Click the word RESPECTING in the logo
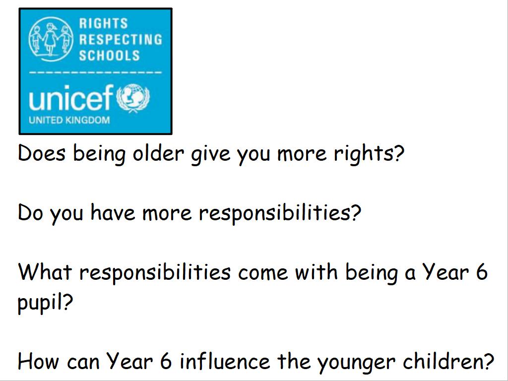(x=121, y=39)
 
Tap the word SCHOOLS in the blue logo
(x=109, y=56)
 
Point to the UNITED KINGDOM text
(x=69, y=120)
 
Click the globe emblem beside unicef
(x=133, y=98)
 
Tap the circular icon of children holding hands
(x=50, y=40)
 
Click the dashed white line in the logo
(x=95, y=72)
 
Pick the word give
(x=210, y=154)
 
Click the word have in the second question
(x=113, y=212)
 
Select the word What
(x=45, y=272)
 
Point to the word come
(x=263, y=273)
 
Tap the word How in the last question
(x=39, y=361)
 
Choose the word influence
(x=225, y=360)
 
